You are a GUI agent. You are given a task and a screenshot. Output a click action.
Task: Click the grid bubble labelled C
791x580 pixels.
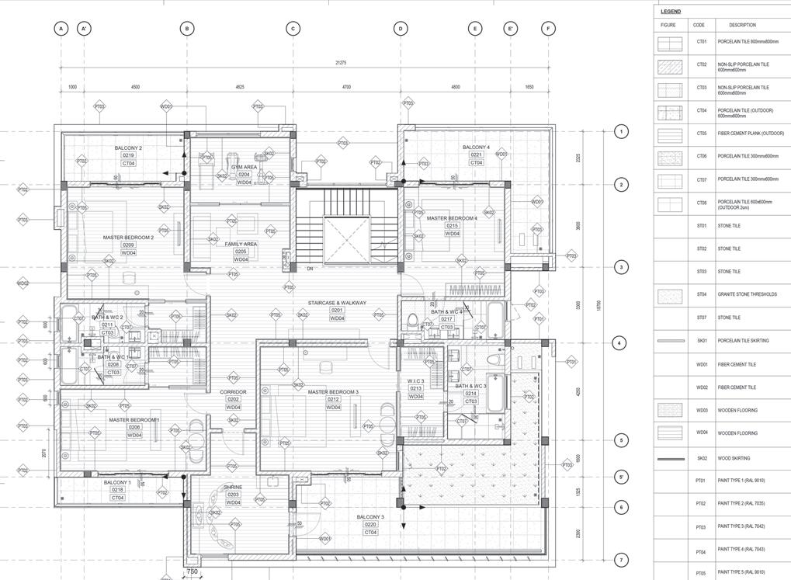pos(293,29)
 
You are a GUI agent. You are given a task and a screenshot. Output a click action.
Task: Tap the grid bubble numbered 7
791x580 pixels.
pos(619,560)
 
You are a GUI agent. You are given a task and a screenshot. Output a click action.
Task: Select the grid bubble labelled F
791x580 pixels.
pos(548,29)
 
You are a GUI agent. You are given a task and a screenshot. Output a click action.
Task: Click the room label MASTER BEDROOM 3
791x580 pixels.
pos(332,392)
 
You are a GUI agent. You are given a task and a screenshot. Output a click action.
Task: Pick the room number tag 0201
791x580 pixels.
pos(337,311)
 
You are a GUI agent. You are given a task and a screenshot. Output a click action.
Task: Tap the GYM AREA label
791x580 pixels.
pos(244,167)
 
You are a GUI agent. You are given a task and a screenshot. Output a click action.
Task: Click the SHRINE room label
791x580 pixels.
pos(233,487)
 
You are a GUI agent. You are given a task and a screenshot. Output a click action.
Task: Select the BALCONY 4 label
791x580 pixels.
pos(476,148)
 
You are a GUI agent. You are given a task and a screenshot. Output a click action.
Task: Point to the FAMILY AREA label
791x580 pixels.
pos(241,244)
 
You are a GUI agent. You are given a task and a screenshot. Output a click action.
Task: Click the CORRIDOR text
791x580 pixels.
pos(233,392)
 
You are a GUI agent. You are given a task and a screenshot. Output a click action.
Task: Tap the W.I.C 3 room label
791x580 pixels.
pos(415,381)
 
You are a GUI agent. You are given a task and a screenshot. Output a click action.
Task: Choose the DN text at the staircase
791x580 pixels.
pos(310,269)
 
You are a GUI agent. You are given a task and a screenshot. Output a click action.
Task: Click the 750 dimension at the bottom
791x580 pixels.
pos(193,572)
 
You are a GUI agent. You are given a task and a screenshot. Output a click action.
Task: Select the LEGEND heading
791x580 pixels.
pos(671,12)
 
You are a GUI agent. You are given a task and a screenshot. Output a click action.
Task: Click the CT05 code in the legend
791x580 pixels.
pos(701,134)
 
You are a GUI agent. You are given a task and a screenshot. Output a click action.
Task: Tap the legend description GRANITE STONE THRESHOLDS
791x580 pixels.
pos(747,294)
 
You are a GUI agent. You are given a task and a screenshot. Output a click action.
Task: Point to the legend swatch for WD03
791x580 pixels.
pos(669,410)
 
